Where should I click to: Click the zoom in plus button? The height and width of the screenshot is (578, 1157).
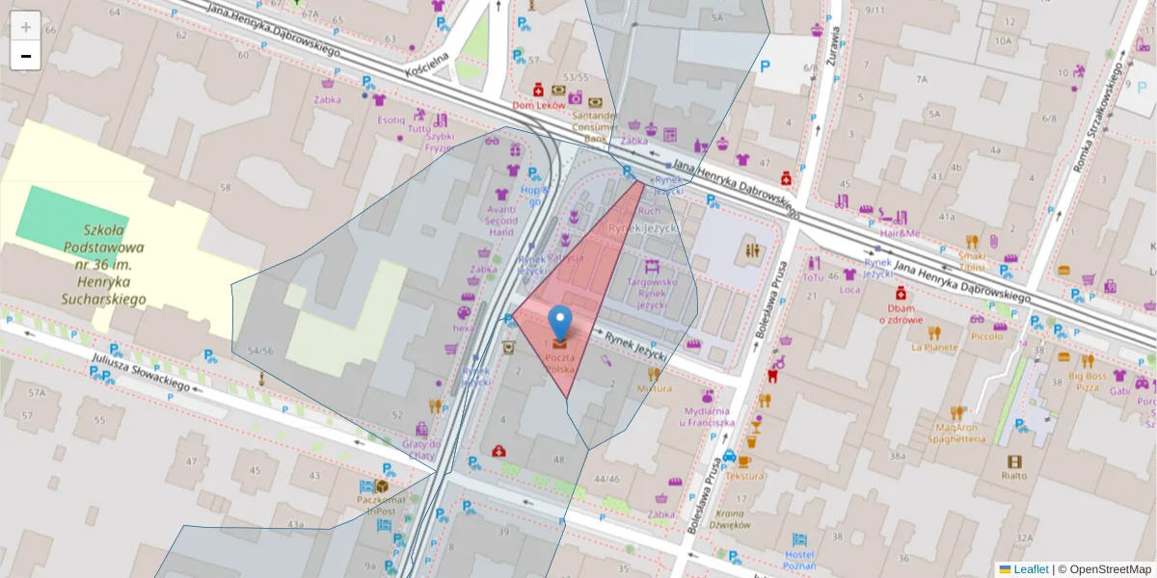[26, 26]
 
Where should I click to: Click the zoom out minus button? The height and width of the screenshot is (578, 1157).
[26, 56]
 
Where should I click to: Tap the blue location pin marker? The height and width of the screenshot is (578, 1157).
[559, 323]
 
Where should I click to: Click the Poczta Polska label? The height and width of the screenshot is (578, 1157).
[560, 363]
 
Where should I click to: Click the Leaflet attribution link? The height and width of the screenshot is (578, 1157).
[1031, 569]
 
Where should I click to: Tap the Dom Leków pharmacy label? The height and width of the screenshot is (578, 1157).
[537, 105]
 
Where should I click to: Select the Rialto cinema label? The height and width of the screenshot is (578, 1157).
[1013, 475]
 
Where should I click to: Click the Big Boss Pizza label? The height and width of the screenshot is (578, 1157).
[1088, 381]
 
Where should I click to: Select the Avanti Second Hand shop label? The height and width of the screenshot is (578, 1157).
[501, 220]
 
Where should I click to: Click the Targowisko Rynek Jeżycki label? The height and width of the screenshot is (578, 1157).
[652, 293]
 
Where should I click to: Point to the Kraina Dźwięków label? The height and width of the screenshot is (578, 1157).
[729, 519]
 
